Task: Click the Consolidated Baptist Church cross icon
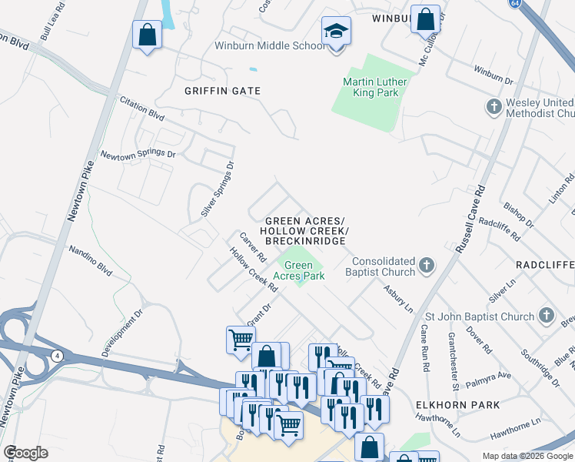click(x=427, y=267)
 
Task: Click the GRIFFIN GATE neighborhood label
click(x=223, y=91)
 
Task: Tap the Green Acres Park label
click(x=299, y=270)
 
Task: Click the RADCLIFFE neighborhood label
click(x=545, y=265)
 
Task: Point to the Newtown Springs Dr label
click(x=138, y=154)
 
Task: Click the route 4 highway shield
click(x=57, y=355)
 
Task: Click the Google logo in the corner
click(x=26, y=452)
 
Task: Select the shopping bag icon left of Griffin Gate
click(x=146, y=35)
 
